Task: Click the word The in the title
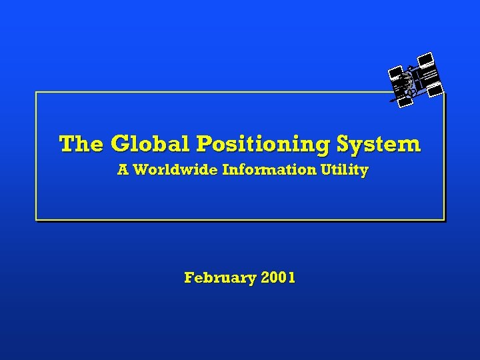(x=81, y=143)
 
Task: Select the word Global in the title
(x=151, y=143)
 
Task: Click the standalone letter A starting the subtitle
(x=123, y=170)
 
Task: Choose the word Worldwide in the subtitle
(x=176, y=170)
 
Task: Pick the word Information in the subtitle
(x=270, y=170)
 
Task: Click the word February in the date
(x=219, y=277)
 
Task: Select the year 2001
(x=278, y=277)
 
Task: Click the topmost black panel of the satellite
(x=425, y=60)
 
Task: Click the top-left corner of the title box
(x=36, y=93)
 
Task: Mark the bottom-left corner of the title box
(x=36, y=219)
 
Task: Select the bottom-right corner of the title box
(x=443, y=219)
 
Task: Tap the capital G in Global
(x=121, y=143)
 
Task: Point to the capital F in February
(x=189, y=277)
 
